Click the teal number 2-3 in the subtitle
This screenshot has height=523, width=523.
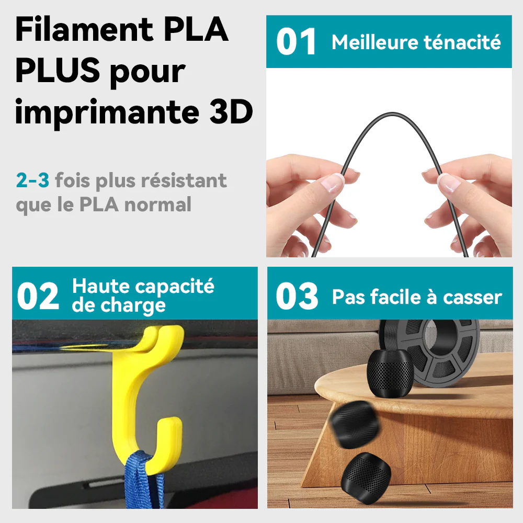click(x=32, y=181)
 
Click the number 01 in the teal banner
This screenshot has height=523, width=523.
click(x=297, y=42)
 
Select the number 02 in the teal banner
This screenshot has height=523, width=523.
click(x=38, y=297)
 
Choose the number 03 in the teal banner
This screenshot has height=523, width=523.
click(x=297, y=297)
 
